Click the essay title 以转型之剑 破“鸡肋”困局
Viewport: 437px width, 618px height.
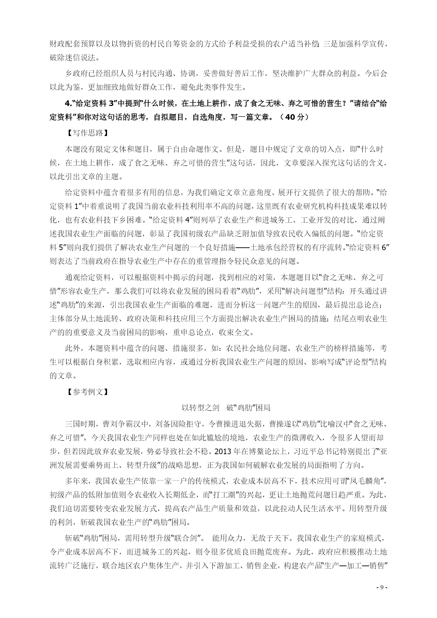226,408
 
